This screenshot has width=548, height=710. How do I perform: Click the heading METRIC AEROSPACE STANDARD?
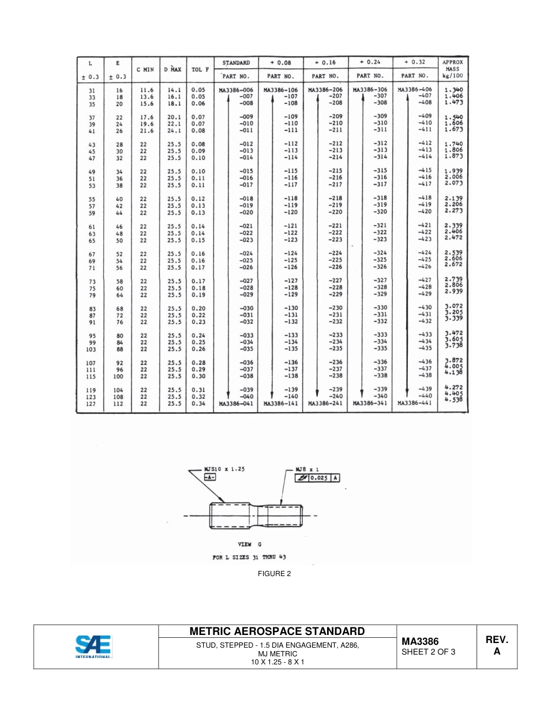[x=277, y=631]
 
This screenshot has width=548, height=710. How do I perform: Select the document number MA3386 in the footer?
[x=420, y=641]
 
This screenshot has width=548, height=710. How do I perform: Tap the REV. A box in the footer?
[x=496, y=645]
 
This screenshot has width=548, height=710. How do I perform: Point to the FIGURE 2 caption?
[x=273, y=574]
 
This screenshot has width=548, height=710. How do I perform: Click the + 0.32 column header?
[x=414, y=62]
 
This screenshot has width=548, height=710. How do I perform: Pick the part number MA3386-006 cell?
[x=235, y=90]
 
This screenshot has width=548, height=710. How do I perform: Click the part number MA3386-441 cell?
[x=414, y=403]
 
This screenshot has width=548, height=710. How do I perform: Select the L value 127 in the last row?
[x=92, y=403]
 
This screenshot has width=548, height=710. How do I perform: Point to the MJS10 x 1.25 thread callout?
[x=224, y=469]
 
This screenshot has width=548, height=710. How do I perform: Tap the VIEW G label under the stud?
[x=249, y=544]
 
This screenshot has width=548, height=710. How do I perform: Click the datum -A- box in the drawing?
[x=211, y=478]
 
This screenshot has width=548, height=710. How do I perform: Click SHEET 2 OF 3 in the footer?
[x=428, y=652]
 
